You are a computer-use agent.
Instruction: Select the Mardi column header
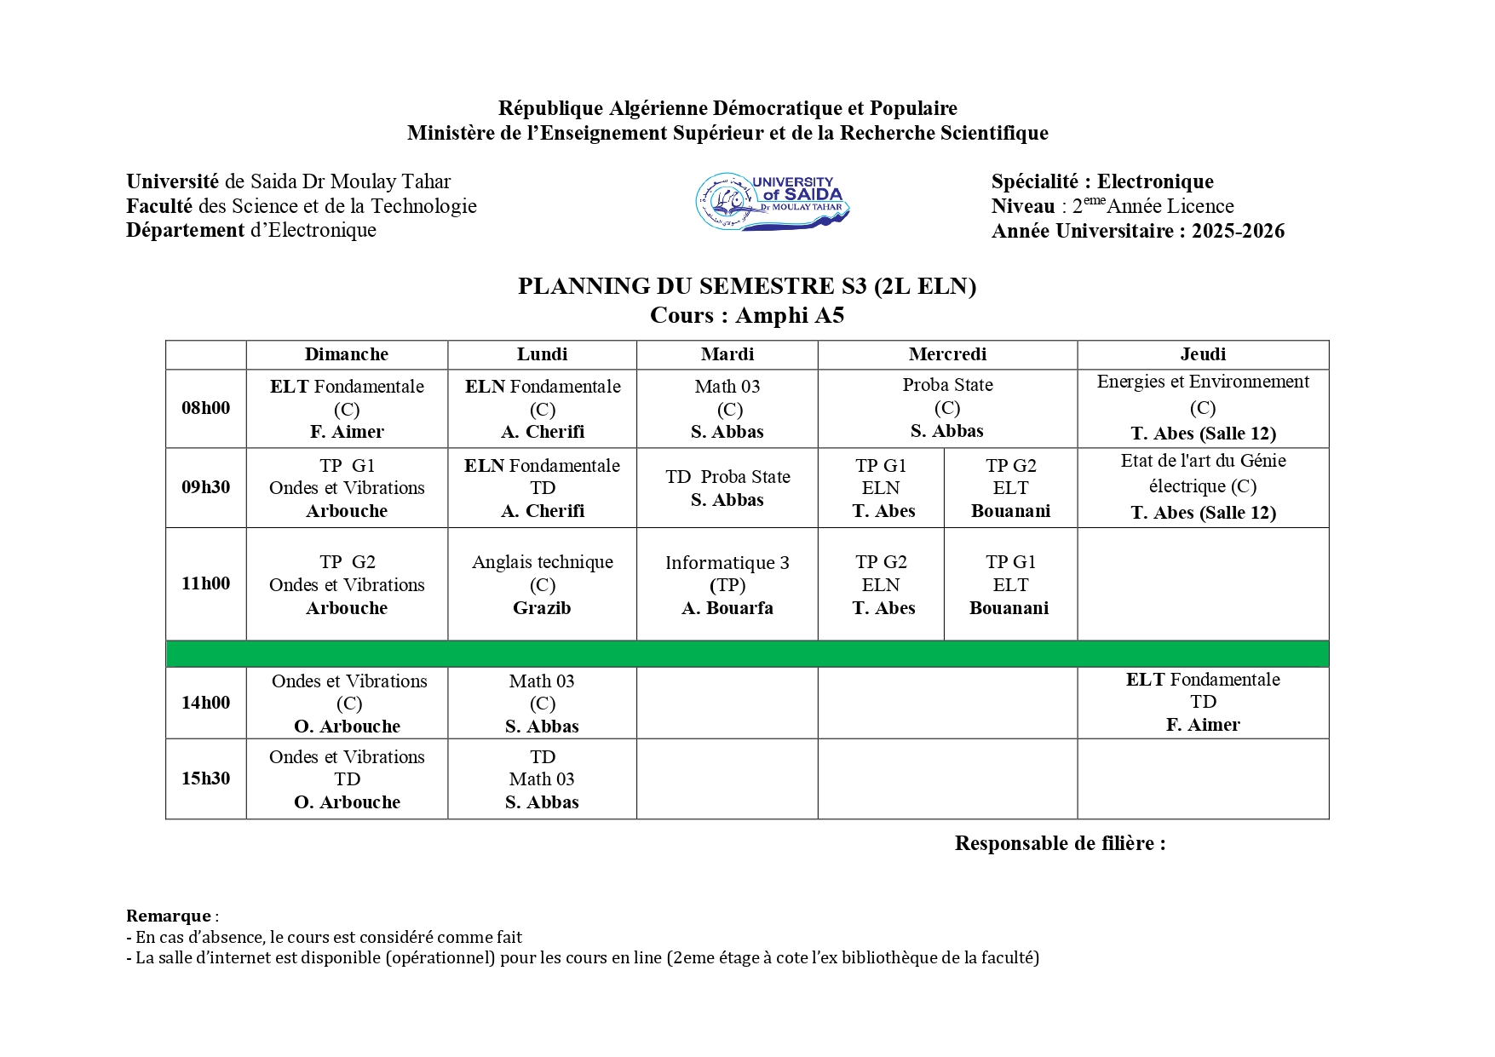[727, 354]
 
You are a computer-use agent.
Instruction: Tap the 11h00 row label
[205, 583]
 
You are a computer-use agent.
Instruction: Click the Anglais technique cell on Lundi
[542, 584]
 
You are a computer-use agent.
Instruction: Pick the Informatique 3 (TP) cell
[727, 584]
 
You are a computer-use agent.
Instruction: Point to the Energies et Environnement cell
[1202, 407]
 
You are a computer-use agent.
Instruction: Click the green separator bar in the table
[746, 653]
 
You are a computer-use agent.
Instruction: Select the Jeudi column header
[1203, 354]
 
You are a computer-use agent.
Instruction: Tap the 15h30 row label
[205, 778]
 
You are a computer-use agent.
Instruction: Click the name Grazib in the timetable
[542, 608]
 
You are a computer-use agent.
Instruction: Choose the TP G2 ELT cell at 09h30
[1010, 488]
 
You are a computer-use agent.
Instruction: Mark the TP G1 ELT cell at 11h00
[1009, 584]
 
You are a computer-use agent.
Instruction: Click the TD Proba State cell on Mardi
[727, 488]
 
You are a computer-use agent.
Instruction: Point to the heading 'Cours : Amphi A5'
[746, 316]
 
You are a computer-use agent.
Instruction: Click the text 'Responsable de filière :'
[1060, 843]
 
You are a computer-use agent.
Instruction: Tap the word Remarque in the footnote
[168, 916]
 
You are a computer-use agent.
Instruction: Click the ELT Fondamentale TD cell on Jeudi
[1202, 702]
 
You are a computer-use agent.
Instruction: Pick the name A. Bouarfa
[727, 608]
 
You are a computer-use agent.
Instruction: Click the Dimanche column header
[346, 354]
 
